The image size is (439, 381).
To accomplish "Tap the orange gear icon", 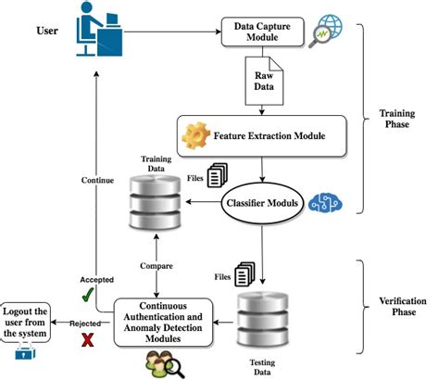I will pyautogui.click(x=196, y=135).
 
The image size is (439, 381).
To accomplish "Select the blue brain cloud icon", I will pyautogui.click(x=326, y=204).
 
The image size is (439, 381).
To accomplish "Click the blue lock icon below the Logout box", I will pyautogui.click(x=27, y=353).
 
